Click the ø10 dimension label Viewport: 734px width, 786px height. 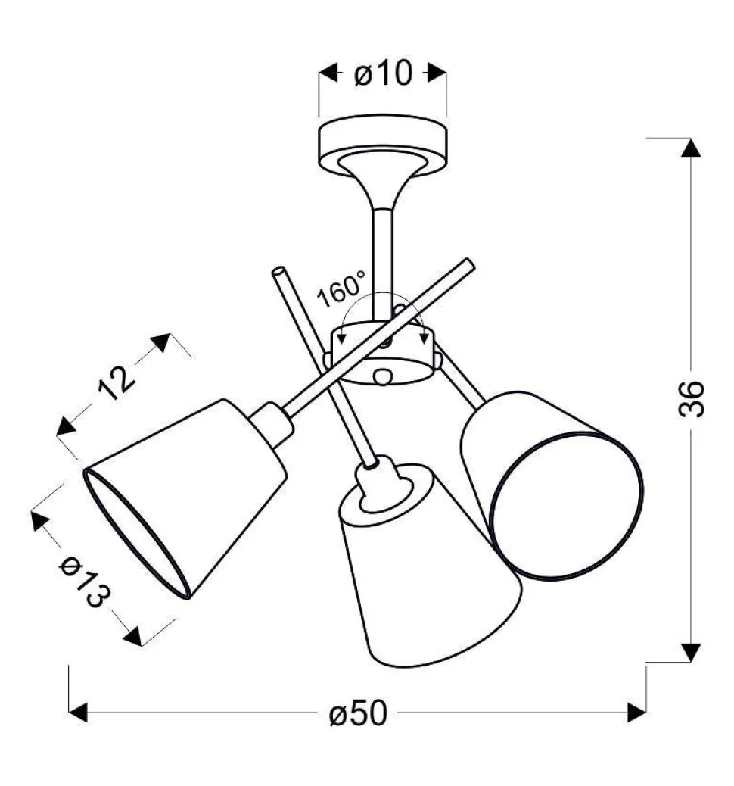coord(384,73)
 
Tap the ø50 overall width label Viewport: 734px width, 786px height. coord(358,713)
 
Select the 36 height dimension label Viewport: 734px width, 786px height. coord(692,399)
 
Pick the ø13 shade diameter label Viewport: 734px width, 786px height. coord(84,582)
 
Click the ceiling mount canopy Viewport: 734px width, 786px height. coord(382,145)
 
